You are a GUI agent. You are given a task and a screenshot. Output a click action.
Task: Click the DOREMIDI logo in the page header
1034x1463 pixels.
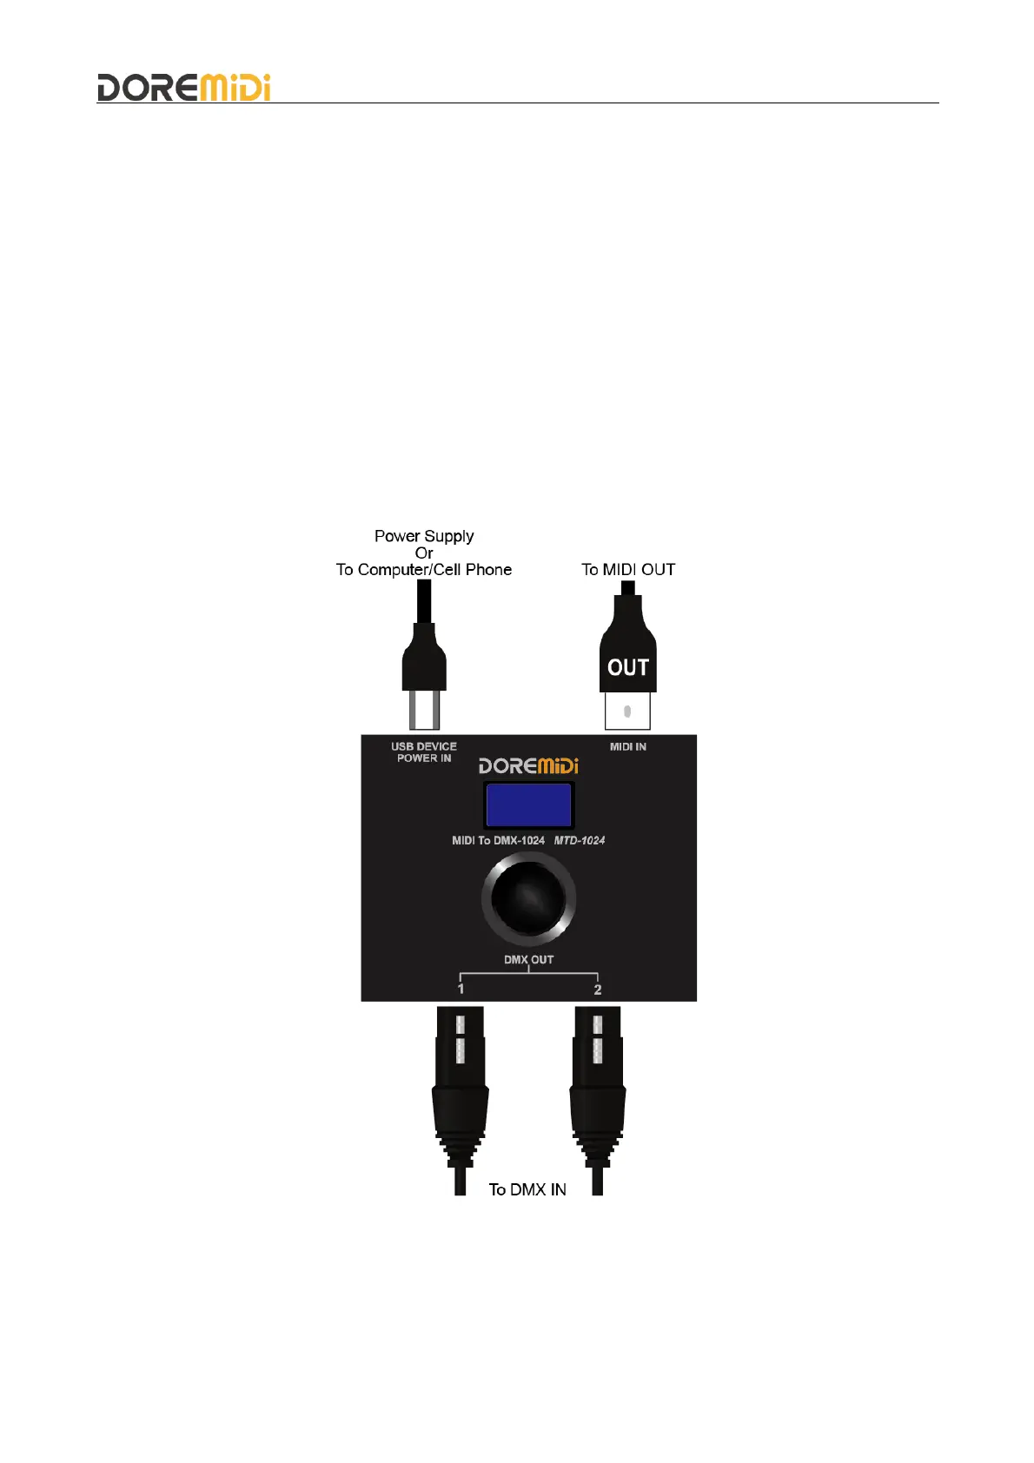[183, 88]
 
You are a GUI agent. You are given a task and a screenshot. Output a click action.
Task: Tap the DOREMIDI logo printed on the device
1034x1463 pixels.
[528, 765]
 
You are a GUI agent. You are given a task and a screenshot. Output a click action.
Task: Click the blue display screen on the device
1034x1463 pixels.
[528, 804]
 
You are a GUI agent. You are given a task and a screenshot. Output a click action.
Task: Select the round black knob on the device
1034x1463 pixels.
[528, 898]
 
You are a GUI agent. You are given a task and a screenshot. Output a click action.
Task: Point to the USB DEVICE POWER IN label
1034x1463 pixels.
[424, 752]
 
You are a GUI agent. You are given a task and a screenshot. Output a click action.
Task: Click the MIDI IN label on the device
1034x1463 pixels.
[627, 747]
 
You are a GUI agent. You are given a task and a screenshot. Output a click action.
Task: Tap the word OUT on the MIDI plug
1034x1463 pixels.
[628, 667]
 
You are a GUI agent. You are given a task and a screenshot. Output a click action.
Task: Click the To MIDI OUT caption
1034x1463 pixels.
[628, 570]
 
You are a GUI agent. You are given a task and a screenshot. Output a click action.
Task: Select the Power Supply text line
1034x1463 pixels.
[424, 536]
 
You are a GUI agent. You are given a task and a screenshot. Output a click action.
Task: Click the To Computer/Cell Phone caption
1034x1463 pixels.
[424, 570]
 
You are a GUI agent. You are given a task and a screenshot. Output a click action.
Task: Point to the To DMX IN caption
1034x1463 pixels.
[527, 1189]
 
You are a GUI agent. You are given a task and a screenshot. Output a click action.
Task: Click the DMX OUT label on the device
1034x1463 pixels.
[528, 960]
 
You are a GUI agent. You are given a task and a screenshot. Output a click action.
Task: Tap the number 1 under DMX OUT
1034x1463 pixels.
[461, 989]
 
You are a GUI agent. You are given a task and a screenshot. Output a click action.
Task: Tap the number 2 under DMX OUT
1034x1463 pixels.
[598, 990]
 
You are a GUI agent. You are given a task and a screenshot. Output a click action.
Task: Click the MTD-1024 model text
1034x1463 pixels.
[580, 840]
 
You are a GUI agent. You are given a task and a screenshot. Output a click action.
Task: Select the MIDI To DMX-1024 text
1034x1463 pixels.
[498, 840]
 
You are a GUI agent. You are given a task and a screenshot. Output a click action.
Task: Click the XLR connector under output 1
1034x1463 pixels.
[460, 1086]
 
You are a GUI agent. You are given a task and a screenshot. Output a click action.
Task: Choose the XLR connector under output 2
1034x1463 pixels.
[598, 1086]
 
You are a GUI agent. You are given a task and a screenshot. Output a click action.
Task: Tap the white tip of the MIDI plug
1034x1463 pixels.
[627, 712]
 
